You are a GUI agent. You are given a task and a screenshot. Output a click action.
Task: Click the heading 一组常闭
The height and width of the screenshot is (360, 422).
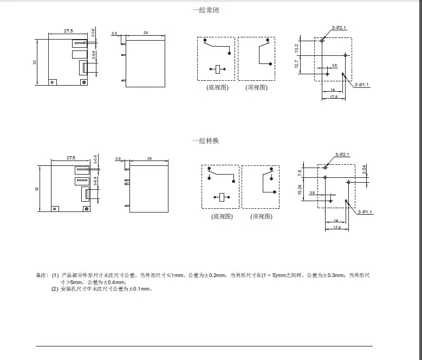(x=206, y=10)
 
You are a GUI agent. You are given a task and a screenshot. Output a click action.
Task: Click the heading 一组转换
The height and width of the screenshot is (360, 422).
(x=206, y=141)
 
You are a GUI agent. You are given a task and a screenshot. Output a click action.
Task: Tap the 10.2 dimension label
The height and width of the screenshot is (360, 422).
(x=296, y=48)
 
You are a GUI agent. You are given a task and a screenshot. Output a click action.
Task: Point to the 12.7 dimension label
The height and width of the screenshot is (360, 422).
(x=296, y=65)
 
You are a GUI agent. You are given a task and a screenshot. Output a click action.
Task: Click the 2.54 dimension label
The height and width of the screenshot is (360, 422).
(x=364, y=169)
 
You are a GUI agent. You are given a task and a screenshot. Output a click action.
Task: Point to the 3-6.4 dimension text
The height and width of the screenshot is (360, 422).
(x=95, y=181)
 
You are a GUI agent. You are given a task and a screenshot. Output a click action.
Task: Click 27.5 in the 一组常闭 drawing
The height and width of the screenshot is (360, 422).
(x=69, y=31)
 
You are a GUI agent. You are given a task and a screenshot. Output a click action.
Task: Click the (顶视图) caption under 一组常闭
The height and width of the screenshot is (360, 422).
(x=256, y=87)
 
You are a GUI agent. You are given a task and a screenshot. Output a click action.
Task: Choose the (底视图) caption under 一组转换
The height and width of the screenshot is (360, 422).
(x=221, y=216)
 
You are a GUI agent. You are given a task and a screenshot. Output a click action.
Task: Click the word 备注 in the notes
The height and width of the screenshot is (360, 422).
(x=42, y=276)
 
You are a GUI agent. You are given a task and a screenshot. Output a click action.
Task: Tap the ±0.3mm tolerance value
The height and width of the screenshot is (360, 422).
(x=333, y=276)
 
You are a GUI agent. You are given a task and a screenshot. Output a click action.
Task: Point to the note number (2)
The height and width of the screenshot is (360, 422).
(x=55, y=290)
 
